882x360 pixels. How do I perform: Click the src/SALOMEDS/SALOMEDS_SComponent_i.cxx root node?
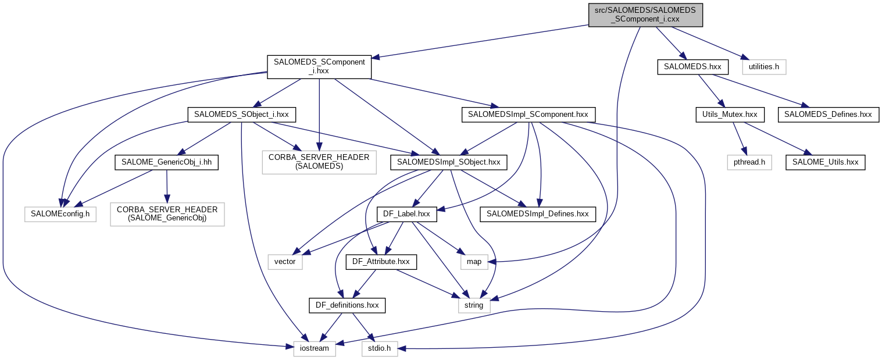tap(645, 15)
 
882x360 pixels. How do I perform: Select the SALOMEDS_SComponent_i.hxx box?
tap(319, 66)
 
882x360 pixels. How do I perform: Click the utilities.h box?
tap(764, 67)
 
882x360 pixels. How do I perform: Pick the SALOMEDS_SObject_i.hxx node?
tap(242, 115)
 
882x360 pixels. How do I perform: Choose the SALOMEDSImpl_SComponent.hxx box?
tap(528, 115)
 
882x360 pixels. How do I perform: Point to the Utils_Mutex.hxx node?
tap(730, 115)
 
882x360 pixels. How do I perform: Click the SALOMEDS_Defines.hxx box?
tap(828, 115)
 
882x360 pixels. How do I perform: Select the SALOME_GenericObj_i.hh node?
tap(167, 162)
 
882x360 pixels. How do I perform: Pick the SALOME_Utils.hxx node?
tap(826, 162)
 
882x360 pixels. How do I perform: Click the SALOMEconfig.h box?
tap(59, 214)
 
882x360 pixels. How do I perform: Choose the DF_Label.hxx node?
tap(406, 214)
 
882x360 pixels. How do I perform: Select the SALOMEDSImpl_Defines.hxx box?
tap(537, 214)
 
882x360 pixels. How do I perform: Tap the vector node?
tap(285, 262)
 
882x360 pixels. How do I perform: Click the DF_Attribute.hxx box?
tap(381, 262)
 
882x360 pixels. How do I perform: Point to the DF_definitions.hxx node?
tap(347, 305)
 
